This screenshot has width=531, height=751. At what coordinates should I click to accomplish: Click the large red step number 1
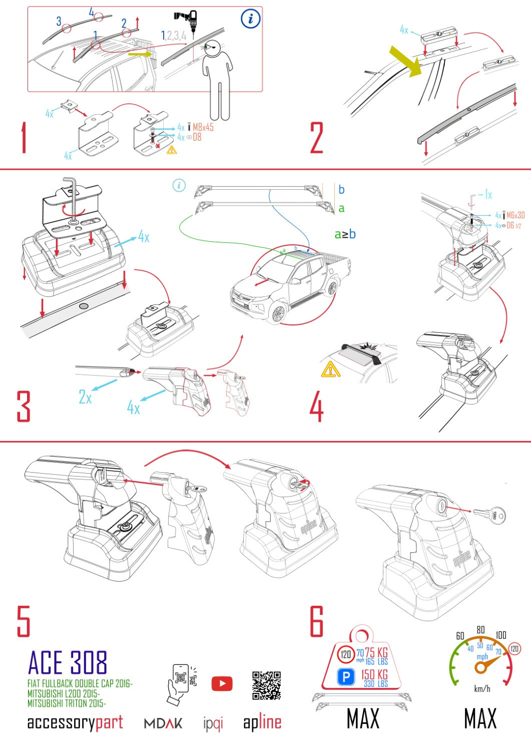24,138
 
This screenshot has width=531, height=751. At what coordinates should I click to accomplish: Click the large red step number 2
317,138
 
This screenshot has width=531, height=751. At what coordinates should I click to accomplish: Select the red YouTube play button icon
222,683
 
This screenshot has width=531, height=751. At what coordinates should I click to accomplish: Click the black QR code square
266,685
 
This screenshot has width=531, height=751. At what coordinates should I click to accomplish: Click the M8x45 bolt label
203,127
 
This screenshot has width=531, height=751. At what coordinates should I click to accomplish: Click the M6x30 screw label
515,215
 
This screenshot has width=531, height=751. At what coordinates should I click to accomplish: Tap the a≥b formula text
345,234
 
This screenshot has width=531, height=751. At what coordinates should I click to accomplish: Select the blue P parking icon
346,677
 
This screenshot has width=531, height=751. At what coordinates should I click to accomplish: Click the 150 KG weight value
374,674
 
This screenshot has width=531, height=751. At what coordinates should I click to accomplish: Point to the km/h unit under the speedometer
482,689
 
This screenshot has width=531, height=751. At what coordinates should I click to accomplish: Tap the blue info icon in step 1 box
250,20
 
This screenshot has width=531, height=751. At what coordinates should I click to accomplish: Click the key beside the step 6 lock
489,514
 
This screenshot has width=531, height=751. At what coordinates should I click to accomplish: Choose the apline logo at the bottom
262,722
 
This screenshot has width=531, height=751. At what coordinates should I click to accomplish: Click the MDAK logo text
163,723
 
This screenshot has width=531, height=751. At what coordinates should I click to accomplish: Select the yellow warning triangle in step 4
330,369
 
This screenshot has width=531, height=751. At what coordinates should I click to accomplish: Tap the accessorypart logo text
75,722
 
